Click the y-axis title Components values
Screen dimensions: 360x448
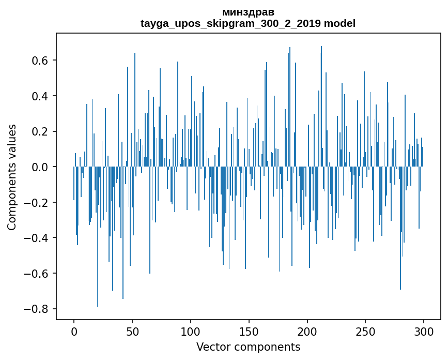pos(12,177)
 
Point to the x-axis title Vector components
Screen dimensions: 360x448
pos(248,347)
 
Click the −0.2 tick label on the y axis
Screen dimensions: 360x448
pos(37,203)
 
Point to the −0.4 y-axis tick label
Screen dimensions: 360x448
pos(37,238)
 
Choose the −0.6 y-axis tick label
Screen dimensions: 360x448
pos(37,274)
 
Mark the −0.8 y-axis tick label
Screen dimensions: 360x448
pos(37,309)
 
